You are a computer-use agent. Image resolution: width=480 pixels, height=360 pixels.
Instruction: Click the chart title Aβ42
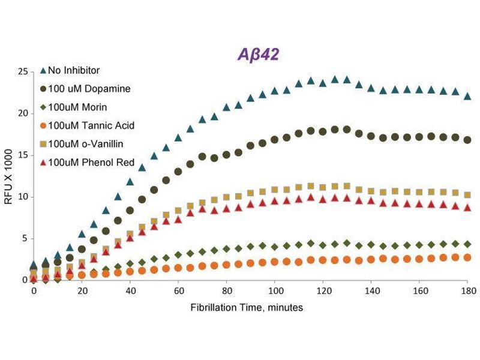point(256,55)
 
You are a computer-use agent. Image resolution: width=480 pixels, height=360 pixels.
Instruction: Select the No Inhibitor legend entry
point(77,70)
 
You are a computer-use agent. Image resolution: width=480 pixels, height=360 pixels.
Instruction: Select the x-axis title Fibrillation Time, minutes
point(247,307)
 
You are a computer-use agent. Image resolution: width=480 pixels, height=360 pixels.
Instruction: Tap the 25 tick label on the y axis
point(23,71)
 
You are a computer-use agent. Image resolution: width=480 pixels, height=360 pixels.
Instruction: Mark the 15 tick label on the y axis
point(23,155)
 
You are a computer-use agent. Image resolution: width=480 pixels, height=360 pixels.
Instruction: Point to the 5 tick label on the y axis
point(25,238)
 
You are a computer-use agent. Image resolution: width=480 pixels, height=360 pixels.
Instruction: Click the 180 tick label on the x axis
point(468,291)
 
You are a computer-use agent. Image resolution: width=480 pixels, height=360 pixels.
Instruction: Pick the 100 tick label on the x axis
point(275,291)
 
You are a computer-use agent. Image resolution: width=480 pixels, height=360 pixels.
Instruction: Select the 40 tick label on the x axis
point(130,291)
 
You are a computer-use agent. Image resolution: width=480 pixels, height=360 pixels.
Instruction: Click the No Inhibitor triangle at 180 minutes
point(467,96)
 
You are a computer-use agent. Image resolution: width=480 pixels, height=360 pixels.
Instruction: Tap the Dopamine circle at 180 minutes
point(467,140)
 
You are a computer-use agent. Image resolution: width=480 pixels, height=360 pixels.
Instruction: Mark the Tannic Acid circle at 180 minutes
point(467,257)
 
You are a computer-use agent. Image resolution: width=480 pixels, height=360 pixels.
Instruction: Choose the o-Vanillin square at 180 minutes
point(467,195)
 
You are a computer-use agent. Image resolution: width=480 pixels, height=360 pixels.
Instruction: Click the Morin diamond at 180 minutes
point(467,244)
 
